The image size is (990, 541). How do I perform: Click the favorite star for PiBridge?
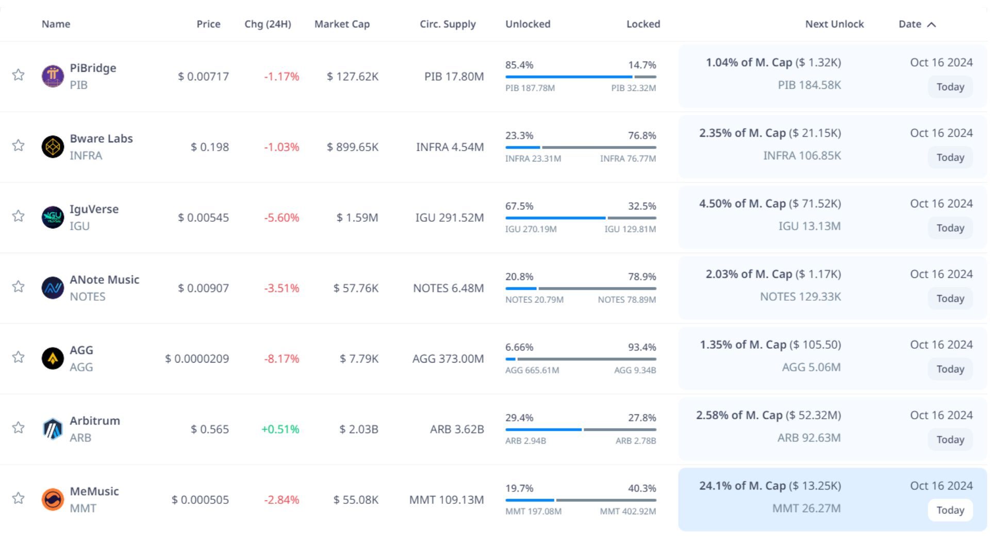[19, 75]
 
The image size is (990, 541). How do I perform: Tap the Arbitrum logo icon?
[53, 429]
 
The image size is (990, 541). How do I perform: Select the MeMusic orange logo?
[53, 499]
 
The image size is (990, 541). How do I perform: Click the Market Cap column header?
[342, 24]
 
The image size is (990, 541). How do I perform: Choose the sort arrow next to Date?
[931, 25]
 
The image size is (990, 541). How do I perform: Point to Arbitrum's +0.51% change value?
[280, 429]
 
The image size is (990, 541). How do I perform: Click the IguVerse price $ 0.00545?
[203, 218]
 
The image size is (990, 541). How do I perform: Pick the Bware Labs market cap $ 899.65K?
[352, 147]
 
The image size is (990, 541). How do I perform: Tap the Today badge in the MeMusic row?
[950, 510]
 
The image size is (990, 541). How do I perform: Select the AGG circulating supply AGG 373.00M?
[448, 358]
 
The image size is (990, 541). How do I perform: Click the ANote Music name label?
[105, 280]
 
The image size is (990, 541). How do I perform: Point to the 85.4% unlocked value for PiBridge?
[519, 65]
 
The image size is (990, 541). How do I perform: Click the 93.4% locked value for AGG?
[641, 347]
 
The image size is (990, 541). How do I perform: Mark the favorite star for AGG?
[19, 357]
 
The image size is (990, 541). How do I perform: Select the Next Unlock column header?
[834, 24]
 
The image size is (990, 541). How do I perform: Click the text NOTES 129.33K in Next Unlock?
[800, 297]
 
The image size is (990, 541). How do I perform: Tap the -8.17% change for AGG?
[282, 358]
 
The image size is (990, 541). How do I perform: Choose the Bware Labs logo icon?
[53, 146]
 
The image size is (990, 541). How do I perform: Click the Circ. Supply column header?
[448, 24]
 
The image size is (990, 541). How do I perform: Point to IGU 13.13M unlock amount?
[809, 226]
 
